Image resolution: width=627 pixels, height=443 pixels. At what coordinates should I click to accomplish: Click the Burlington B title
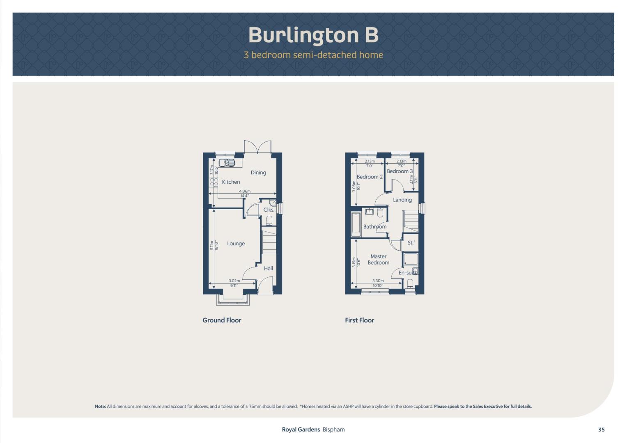pyautogui.click(x=313, y=35)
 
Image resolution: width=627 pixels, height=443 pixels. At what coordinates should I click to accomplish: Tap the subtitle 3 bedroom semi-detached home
pyautogui.click(x=313, y=55)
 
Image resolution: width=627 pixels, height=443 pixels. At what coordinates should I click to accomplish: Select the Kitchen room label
pyautogui.click(x=231, y=182)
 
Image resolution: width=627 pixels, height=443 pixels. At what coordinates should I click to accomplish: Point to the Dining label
pyautogui.click(x=258, y=173)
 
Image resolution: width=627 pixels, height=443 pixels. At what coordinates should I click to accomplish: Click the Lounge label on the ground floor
pyautogui.click(x=236, y=244)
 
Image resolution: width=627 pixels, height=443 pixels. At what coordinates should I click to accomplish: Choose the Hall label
pyautogui.click(x=268, y=268)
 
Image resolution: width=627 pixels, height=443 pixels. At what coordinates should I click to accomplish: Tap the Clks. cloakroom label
pyautogui.click(x=269, y=210)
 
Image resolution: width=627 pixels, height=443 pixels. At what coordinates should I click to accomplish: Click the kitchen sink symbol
pyautogui.click(x=226, y=162)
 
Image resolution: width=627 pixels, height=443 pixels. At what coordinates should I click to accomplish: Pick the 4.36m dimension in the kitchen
pyautogui.click(x=245, y=191)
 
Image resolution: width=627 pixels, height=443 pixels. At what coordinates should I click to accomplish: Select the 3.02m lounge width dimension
pyautogui.click(x=234, y=281)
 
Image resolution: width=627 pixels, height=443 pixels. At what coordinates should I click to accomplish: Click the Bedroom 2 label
pyautogui.click(x=370, y=177)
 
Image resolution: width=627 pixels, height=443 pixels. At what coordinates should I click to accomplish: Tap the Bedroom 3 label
pyautogui.click(x=400, y=171)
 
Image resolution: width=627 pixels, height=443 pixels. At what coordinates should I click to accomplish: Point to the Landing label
pyautogui.click(x=402, y=200)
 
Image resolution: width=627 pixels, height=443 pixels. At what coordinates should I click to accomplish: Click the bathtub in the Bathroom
pyautogui.click(x=356, y=225)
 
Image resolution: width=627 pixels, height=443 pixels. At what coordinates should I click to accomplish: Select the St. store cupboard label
pyautogui.click(x=411, y=243)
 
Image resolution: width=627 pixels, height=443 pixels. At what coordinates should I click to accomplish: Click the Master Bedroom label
pyautogui.click(x=379, y=259)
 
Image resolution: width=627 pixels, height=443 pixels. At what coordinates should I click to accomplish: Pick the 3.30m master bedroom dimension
pyautogui.click(x=378, y=281)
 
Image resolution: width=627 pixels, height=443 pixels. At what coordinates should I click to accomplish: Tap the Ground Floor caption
pyautogui.click(x=222, y=320)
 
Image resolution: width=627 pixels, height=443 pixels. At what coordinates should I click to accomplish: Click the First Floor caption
pyautogui.click(x=359, y=320)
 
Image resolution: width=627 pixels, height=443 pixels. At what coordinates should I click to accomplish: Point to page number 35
pyautogui.click(x=602, y=429)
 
